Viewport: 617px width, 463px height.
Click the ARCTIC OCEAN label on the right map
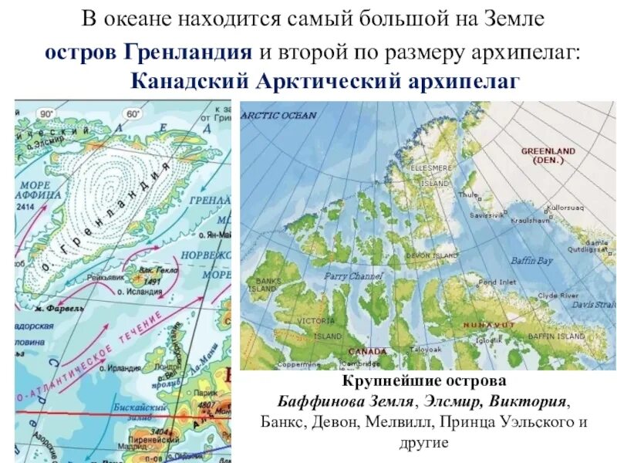click(x=278, y=116)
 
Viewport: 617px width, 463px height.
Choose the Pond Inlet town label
click(x=497, y=282)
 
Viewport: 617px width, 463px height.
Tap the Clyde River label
click(x=558, y=296)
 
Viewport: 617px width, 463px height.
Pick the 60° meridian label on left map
click(x=132, y=113)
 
